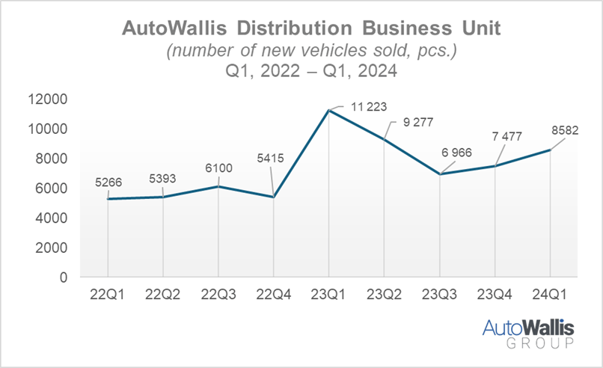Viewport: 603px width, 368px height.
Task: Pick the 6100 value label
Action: click(x=218, y=168)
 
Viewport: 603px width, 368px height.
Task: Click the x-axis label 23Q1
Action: click(x=329, y=295)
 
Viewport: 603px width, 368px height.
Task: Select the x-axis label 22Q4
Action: click(x=273, y=295)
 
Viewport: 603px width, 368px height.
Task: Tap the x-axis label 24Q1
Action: click(x=551, y=295)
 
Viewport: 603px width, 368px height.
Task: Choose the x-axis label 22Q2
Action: click(x=163, y=295)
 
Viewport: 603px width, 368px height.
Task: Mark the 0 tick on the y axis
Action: click(x=64, y=277)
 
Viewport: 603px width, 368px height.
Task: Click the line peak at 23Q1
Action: click(x=329, y=111)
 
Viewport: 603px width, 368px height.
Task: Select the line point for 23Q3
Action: click(x=440, y=174)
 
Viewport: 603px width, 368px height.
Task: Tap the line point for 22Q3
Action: click(x=218, y=186)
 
